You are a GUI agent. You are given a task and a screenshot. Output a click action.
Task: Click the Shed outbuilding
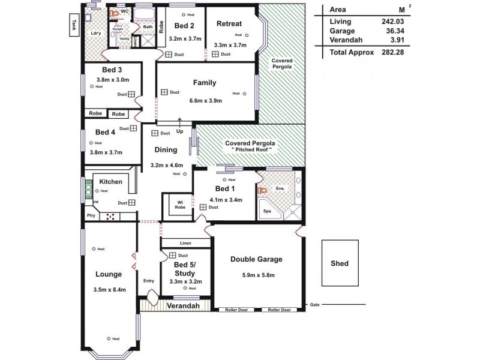click(x=339, y=263)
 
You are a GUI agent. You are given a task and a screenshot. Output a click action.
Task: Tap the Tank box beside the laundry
click(x=74, y=25)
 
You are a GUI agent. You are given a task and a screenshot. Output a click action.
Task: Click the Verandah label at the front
click(x=183, y=306)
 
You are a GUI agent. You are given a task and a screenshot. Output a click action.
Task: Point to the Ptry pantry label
click(x=91, y=216)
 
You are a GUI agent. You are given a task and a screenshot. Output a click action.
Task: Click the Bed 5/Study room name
click(x=185, y=268)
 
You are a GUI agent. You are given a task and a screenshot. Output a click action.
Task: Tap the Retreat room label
click(x=229, y=24)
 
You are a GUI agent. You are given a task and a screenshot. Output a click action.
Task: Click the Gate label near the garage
click(x=314, y=305)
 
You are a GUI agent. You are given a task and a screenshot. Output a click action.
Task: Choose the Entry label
click(x=149, y=281)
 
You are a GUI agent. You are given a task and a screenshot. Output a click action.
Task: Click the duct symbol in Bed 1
click(x=204, y=207)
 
